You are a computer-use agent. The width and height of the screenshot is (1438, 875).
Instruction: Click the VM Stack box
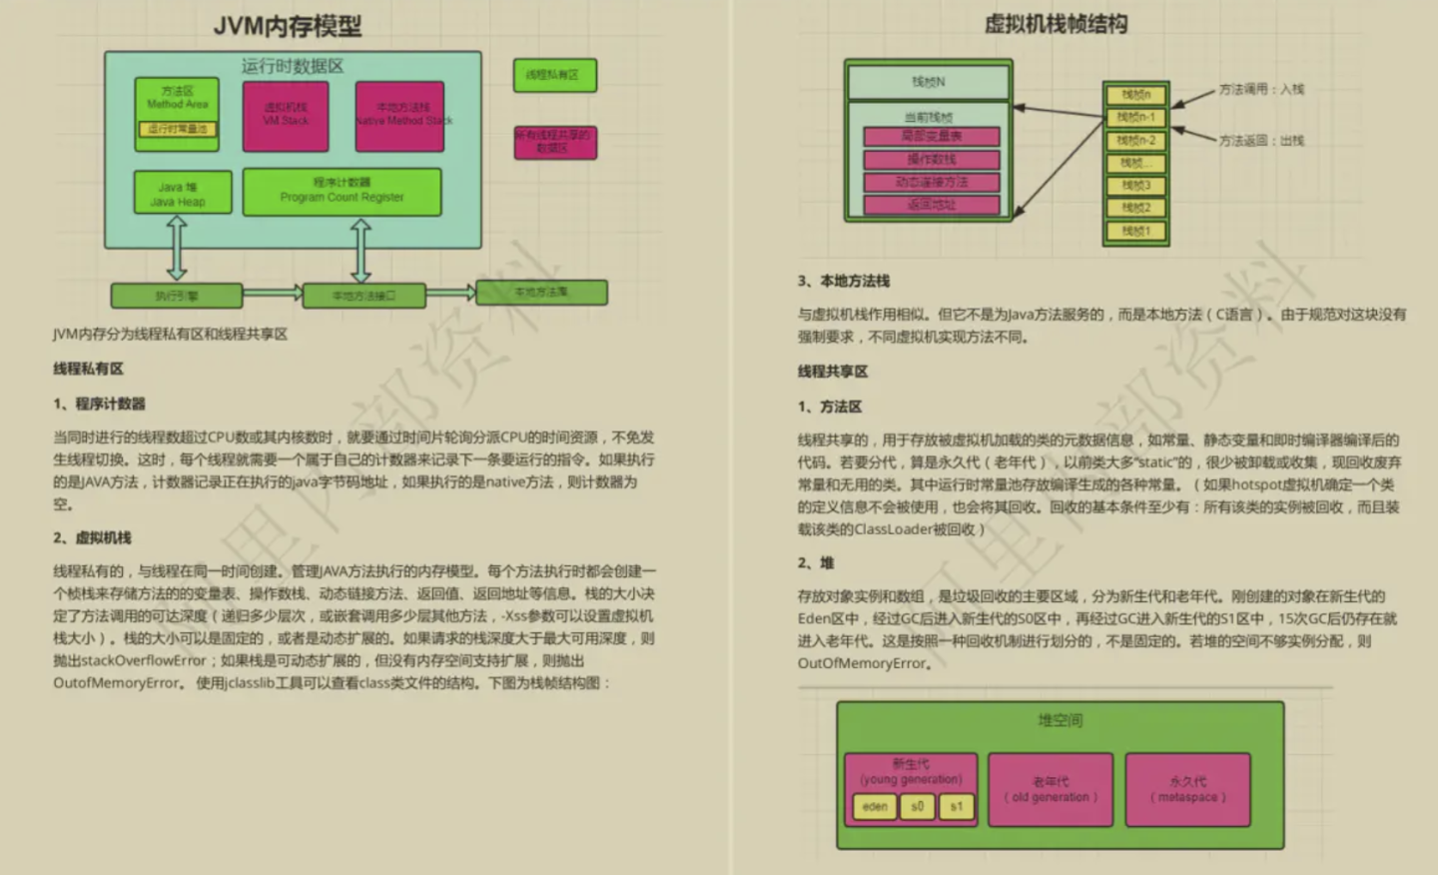pyautogui.click(x=286, y=116)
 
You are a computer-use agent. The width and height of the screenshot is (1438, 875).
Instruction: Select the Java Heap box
pyautogui.click(x=182, y=193)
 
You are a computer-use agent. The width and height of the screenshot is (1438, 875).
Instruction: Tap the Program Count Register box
pyautogui.click(x=342, y=191)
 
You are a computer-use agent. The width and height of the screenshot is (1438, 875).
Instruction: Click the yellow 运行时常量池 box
pyautogui.click(x=177, y=129)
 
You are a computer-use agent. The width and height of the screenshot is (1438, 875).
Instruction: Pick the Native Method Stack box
pyautogui.click(x=399, y=116)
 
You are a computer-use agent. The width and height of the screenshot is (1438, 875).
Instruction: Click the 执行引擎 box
pyautogui.click(x=176, y=296)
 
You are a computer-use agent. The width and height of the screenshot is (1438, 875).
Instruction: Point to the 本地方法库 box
pyautogui.click(x=541, y=292)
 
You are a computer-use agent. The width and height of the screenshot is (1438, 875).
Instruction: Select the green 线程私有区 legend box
pyautogui.click(x=554, y=76)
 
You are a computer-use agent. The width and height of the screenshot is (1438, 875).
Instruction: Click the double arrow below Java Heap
pyautogui.click(x=177, y=248)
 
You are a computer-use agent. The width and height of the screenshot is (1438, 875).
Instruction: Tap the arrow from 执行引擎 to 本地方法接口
pyautogui.click(x=272, y=293)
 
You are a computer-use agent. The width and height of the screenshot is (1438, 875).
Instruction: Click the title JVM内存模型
pyautogui.click(x=288, y=26)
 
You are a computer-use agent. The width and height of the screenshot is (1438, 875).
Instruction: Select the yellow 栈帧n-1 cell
pyautogui.click(x=1135, y=118)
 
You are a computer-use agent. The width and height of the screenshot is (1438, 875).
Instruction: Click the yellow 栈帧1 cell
pyautogui.click(x=1135, y=232)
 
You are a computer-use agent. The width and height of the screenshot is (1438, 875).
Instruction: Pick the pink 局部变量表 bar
pyautogui.click(x=931, y=137)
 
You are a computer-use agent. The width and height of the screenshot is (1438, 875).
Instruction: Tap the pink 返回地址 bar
pyautogui.click(x=931, y=205)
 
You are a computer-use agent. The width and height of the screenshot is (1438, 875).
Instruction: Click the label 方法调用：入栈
pyautogui.click(x=1261, y=89)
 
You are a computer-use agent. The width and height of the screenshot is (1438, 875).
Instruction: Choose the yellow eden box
pyautogui.click(x=875, y=806)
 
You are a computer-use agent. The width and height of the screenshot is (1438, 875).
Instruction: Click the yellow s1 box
pyautogui.click(x=956, y=806)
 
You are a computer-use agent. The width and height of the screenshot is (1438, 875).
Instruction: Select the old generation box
pyautogui.click(x=1050, y=789)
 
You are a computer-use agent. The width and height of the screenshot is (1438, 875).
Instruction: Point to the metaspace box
pyautogui.click(x=1187, y=789)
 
